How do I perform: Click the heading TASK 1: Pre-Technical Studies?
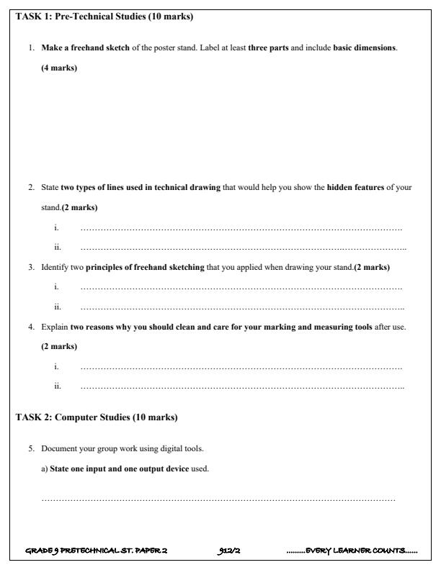(104, 16)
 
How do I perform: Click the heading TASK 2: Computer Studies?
(96, 417)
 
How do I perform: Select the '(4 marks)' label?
(59, 68)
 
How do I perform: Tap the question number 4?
(32, 327)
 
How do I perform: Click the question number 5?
(32, 449)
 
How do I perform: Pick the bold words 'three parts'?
(268, 47)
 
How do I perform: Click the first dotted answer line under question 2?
(241, 228)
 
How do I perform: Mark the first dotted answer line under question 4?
(241, 367)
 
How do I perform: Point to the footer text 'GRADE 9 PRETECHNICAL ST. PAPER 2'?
(96, 551)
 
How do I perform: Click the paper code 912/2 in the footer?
(228, 551)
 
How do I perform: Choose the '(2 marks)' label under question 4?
(59, 347)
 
